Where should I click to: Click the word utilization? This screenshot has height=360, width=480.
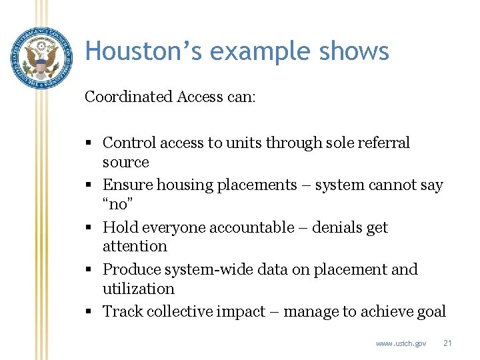coord(139,289)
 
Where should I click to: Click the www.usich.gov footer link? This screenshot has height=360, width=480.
coord(401,343)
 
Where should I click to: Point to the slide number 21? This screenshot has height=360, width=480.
coord(447,343)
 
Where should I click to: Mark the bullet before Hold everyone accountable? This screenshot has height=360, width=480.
coord(89,228)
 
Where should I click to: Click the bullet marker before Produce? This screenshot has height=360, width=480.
coord(89,270)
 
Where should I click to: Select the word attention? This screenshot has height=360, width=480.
coord(135,247)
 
